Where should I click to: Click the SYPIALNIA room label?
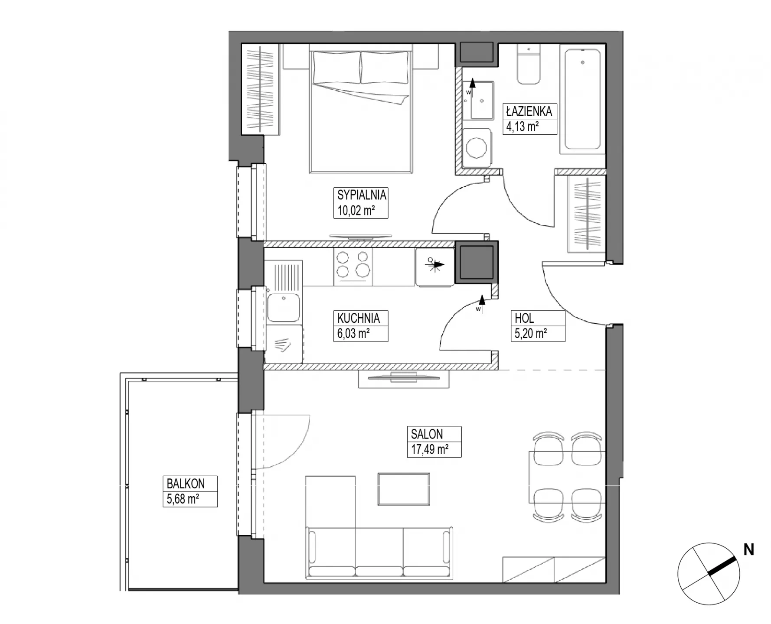[362, 195]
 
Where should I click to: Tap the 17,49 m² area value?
[430, 449]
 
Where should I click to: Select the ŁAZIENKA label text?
[529, 111]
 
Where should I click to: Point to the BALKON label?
[186, 483]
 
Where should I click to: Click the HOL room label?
[524, 318]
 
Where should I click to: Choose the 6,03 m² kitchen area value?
[353, 334]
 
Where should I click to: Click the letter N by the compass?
[748, 550]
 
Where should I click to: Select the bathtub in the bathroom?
[582, 99]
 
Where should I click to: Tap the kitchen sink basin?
[284, 308]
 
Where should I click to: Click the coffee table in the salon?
[404, 489]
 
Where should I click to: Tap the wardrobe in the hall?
[587, 214]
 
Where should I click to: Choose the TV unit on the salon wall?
[404, 379]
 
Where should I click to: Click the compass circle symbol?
[709, 574]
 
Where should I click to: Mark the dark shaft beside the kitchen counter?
[477, 262]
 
